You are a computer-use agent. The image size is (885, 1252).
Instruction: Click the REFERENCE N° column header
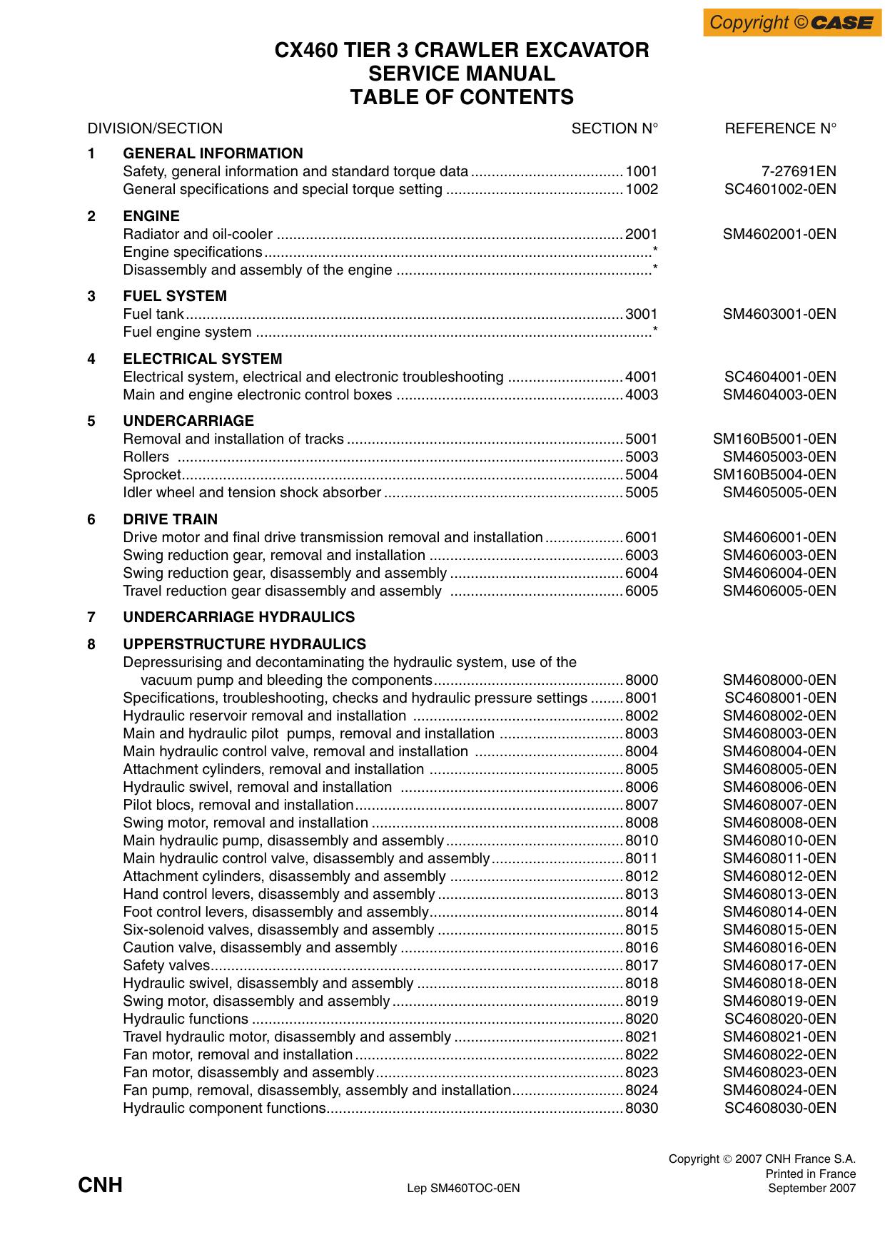[780, 128]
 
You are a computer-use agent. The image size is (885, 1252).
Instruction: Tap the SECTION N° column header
[614, 128]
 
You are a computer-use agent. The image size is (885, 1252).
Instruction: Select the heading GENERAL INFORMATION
[213, 153]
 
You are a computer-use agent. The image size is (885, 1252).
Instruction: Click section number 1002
[641, 190]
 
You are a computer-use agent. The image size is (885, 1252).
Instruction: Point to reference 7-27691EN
[799, 172]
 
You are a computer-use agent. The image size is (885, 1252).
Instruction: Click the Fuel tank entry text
[153, 315]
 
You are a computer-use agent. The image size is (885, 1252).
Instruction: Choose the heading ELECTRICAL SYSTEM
[202, 359]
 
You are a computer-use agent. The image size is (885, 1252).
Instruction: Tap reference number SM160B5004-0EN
[774, 475]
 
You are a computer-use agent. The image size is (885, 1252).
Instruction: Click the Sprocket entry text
[151, 475]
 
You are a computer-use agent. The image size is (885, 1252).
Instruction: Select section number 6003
[641, 556]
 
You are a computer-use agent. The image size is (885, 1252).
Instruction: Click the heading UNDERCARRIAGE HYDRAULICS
[238, 617]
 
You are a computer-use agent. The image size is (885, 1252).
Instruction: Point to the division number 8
[91, 644]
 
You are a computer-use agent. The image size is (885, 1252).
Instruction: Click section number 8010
[641, 841]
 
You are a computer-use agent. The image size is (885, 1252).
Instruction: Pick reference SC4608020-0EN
[779, 1019]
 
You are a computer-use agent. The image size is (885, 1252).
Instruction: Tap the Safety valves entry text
[166, 966]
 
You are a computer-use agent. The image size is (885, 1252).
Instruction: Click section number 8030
[641, 1109]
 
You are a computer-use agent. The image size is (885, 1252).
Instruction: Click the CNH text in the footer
[100, 1186]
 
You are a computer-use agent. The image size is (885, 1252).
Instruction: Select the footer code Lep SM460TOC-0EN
[463, 1189]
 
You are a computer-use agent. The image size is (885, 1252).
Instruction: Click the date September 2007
[811, 1188]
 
